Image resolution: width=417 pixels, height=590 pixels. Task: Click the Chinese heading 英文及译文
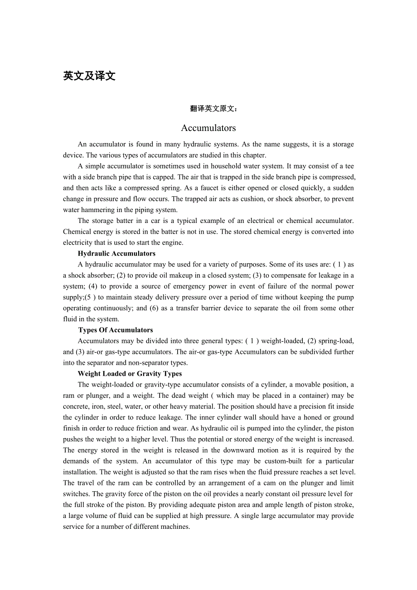[x=89, y=76]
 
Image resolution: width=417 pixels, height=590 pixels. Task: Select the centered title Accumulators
[x=208, y=128]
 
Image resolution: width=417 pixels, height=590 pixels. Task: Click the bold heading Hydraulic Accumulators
[x=116, y=254]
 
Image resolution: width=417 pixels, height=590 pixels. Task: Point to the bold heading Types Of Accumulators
[x=116, y=330]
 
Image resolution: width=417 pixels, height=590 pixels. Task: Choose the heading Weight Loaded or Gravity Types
[x=130, y=374]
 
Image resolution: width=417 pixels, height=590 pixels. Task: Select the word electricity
[x=78, y=242]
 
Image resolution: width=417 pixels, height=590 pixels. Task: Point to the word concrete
[x=76, y=406]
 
